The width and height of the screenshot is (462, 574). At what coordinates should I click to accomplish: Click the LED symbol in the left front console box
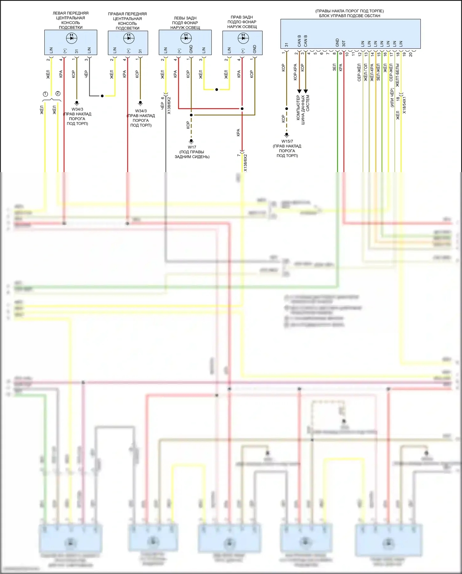click(x=71, y=38)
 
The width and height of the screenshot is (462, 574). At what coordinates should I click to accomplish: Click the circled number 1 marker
click(x=45, y=94)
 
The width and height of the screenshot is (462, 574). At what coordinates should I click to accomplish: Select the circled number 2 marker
click(x=58, y=93)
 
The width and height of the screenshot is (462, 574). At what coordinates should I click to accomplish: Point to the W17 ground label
click(x=192, y=147)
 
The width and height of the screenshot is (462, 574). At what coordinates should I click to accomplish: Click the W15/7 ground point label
click(x=287, y=141)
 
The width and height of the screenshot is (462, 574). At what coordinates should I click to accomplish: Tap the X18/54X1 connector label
click(x=404, y=105)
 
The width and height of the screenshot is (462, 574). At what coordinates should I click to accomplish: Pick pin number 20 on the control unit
click(x=411, y=54)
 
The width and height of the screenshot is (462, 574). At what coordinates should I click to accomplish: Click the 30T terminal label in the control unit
click(x=344, y=43)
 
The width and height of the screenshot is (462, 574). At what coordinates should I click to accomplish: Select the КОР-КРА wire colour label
click(x=295, y=72)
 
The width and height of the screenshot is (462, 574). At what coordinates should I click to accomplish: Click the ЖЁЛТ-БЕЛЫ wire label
click(x=397, y=75)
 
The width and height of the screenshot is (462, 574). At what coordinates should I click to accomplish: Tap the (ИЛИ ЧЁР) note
click(x=392, y=98)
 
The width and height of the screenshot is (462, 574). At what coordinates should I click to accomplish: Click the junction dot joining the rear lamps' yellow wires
click(x=217, y=89)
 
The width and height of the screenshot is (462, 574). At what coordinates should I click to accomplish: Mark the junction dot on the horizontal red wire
click(x=242, y=109)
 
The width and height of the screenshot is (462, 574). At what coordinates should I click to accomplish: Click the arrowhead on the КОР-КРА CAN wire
click(x=299, y=91)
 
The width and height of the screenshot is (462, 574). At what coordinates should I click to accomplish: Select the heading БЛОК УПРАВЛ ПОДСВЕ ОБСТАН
click(x=350, y=16)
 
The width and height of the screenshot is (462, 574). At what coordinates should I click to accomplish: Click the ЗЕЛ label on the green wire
click(x=334, y=68)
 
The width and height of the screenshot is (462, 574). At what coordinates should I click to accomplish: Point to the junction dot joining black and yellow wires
click(x=102, y=96)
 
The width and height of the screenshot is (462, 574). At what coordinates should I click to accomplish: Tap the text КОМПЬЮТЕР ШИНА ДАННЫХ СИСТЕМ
click(x=303, y=107)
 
